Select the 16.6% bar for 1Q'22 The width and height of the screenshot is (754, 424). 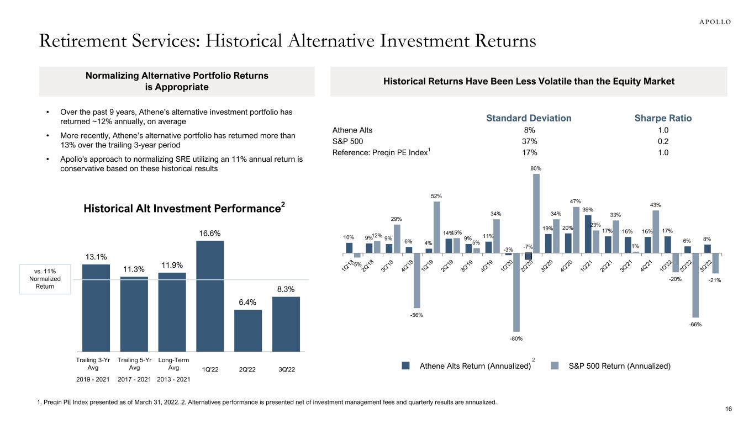pyautogui.click(x=210, y=295)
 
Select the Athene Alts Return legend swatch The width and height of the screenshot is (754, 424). pyautogui.click(x=405, y=365)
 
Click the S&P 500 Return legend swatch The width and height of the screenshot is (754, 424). pyautogui.click(x=556, y=365)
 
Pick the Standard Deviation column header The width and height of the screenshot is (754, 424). pyautogui.click(x=529, y=118)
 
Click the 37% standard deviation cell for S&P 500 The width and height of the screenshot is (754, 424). pyautogui.click(x=529, y=141)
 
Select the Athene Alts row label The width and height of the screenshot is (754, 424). pyautogui.click(x=352, y=130)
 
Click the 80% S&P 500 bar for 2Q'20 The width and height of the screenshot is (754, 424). pyautogui.click(x=536, y=213)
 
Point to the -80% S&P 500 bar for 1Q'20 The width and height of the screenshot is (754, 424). pyautogui.click(x=516, y=292)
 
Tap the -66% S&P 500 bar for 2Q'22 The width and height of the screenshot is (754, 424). pyautogui.click(x=695, y=285)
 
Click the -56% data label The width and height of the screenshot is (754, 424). pyautogui.click(x=416, y=315)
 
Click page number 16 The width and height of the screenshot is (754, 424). pyautogui.click(x=728, y=409)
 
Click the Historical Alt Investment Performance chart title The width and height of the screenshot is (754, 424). pyautogui.click(x=184, y=209)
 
